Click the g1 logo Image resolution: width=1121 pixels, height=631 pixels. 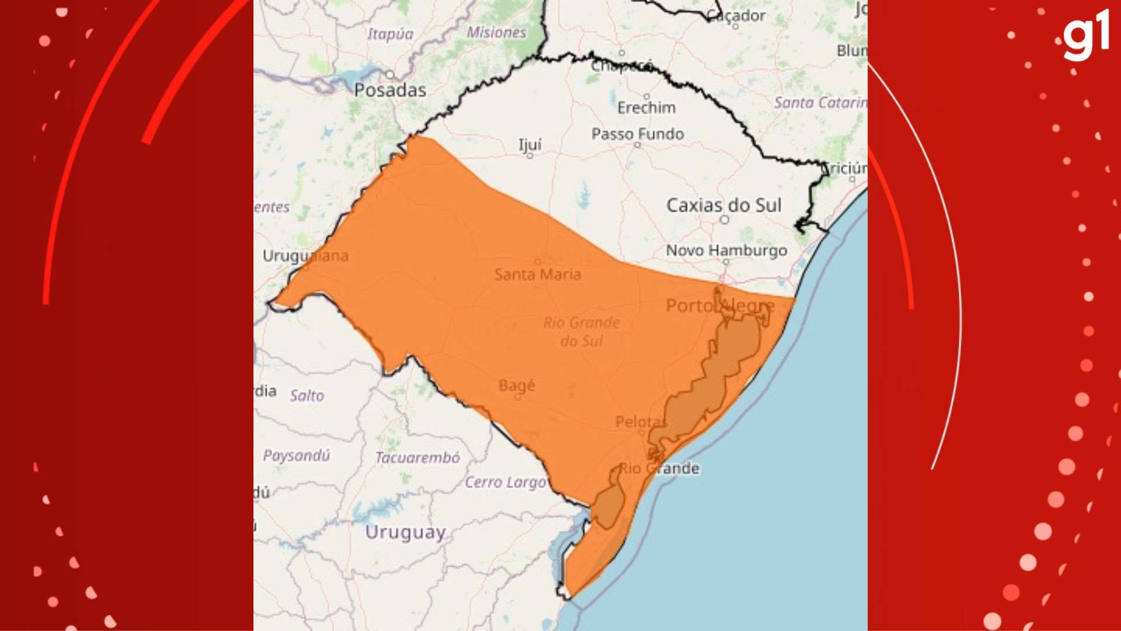1085,36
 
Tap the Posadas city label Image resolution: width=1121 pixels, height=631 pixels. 390,90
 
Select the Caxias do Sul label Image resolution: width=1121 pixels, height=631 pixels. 723,205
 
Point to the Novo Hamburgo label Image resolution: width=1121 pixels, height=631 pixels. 726,250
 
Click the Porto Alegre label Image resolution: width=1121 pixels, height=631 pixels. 720,306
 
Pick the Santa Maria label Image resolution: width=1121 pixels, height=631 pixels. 537,274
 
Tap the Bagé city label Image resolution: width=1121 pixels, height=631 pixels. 517,386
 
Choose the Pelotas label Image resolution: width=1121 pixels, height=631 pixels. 640,422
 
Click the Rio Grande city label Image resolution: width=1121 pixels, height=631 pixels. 659,469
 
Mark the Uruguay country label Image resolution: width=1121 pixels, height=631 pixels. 405,532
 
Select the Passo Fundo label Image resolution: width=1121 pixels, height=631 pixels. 638,134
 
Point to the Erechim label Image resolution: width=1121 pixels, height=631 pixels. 646,108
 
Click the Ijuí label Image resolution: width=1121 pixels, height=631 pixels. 530,144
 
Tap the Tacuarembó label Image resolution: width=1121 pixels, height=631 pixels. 417,457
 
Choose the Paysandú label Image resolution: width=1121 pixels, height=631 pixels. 297,455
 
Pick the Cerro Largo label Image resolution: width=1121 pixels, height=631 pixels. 506,482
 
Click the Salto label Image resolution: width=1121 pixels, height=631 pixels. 307,396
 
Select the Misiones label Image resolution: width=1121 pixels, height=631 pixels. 496,33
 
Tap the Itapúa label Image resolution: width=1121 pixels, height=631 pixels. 390,34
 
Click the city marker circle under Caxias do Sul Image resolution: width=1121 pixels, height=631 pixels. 725,220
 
